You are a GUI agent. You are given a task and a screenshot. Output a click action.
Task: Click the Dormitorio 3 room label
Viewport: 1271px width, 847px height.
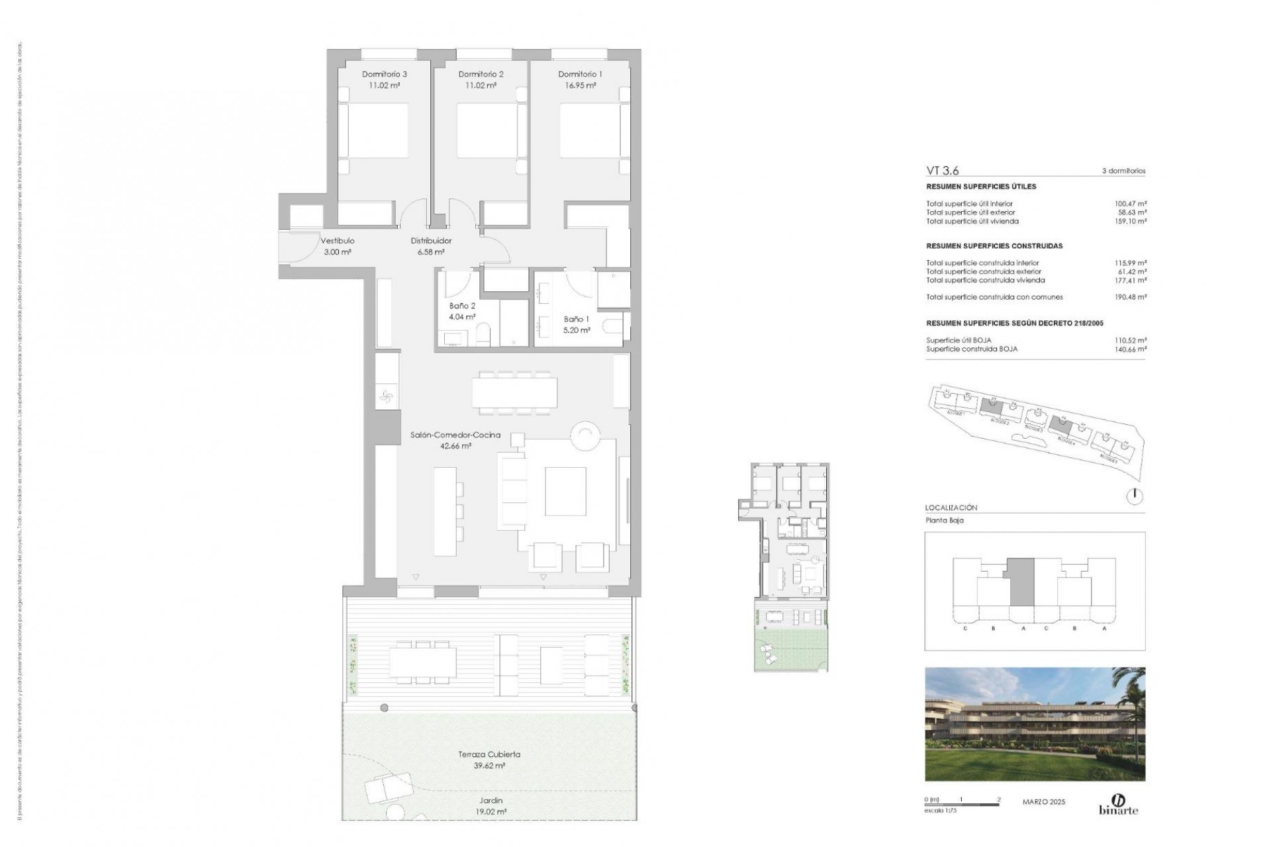pyautogui.click(x=384, y=74)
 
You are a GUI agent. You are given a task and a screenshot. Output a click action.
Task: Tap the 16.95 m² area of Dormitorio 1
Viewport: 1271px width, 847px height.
pyautogui.click(x=580, y=85)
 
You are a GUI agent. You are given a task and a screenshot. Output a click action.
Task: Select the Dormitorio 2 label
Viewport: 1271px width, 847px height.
pyautogui.click(x=481, y=74)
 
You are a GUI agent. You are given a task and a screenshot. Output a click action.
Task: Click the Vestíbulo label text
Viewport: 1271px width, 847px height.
pyautogui.click(x=338, y=241)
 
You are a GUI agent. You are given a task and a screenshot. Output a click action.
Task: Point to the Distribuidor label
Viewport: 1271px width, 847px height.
pyautogui.click(x=431, y=241)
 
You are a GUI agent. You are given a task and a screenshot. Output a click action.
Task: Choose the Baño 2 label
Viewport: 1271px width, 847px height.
pyautogui.click(x=462, y=306)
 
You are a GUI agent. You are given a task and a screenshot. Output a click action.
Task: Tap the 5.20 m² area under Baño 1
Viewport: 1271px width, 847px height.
pyautogui.click(x=577, y=330)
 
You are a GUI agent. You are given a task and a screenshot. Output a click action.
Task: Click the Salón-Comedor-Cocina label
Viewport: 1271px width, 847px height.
pyautogui.click(x=455, y=435)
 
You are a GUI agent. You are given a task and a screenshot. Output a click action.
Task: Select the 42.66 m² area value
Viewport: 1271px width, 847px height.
pyautogui.click(x=455, y=446)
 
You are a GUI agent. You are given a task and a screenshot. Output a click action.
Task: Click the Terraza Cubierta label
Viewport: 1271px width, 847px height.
pyautogui.click(x=489, y=754)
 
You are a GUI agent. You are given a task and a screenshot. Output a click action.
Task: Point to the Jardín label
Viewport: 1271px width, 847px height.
pyautogui.click(x=490, y=801)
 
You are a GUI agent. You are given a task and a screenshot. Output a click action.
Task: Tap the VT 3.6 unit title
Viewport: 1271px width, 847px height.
pyautogui.click(x=942, y=171)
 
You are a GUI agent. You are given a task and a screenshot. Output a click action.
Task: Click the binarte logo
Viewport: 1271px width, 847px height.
pyautogui.click(x=1119, y=804)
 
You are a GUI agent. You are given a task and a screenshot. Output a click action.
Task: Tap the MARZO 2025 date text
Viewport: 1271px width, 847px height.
pyautogui.click(x=1044, y=802)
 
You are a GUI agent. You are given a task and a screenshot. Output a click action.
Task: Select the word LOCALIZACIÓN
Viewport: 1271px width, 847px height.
pyautogui.click(x=951, y=508)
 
